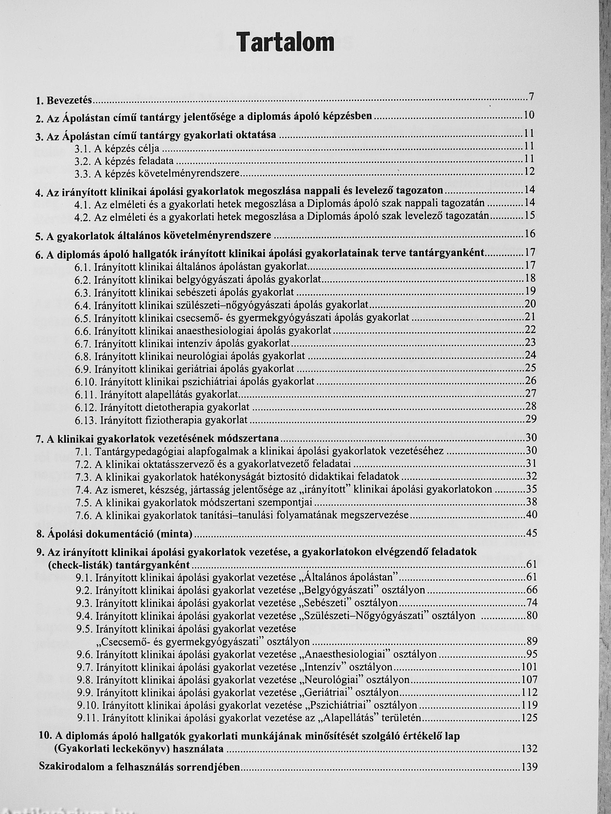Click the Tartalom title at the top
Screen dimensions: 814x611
285,42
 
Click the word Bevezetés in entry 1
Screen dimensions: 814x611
69,100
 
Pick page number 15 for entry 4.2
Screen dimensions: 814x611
529,215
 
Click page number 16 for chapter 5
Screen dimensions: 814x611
529,234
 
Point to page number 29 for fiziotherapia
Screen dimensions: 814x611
531,419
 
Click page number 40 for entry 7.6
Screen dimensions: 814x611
531,515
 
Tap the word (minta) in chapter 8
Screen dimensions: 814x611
175,534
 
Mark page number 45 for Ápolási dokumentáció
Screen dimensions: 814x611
531,533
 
